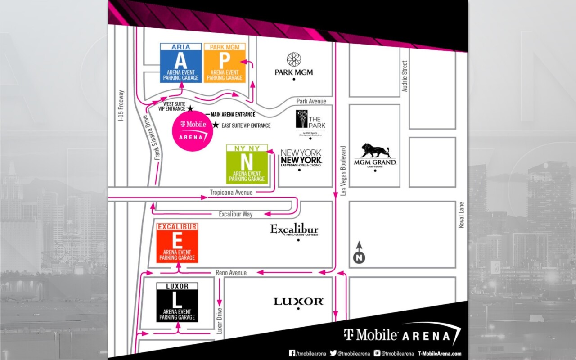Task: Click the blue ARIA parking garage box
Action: [181, 63]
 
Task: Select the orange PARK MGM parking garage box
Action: [225, 63]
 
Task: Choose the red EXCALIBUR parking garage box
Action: [177, 243]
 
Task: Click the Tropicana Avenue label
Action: [231, 193]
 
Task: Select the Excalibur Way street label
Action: [235, 214]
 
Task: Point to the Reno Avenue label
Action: [231, 273]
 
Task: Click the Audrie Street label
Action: [405, 76]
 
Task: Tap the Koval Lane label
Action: [461, 215]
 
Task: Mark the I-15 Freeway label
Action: [121, 106]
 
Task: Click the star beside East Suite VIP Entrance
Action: [216, 125]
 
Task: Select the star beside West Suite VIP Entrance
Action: [190, 108]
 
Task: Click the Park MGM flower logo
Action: [293, 59]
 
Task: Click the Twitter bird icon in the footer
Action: [333, 353]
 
